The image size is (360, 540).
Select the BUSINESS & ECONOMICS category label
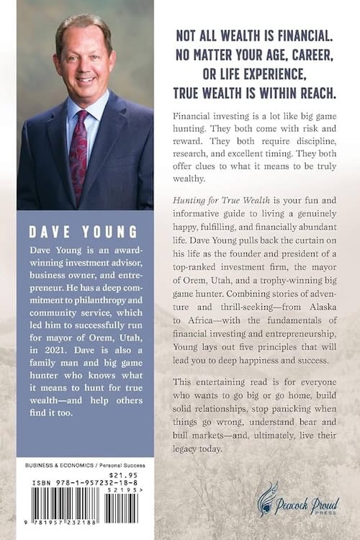48,465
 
